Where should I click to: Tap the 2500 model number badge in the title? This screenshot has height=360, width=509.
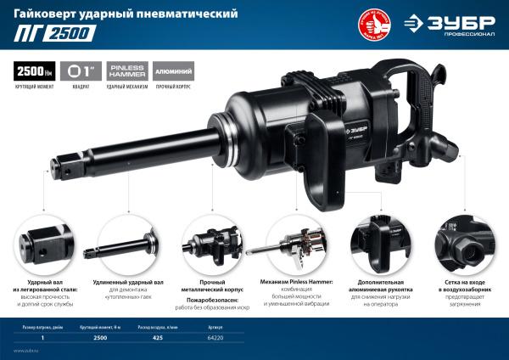click(x=70, y=34)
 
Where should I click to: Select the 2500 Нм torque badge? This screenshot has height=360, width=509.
click(x=30, y=71)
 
